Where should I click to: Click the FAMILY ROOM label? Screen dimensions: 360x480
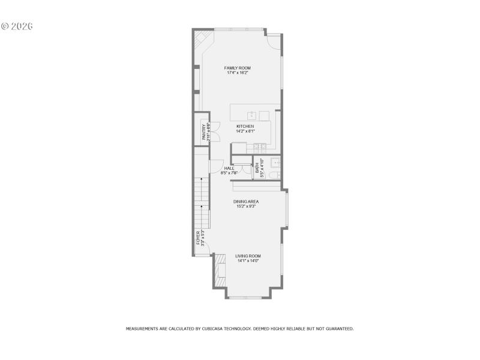click(237, 68)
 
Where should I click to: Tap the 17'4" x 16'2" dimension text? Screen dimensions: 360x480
click(237, 73)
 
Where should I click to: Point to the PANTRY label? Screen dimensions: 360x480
click(204, 132)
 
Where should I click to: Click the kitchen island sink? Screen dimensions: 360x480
click(253, 115)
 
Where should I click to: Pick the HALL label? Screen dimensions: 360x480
click(229, 168)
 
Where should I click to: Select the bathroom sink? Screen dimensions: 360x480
click(275, 162)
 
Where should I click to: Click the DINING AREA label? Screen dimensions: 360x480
click(245, 202)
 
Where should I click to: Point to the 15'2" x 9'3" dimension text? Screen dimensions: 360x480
click(245, 206)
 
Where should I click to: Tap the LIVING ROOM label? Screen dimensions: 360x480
click(248, 256)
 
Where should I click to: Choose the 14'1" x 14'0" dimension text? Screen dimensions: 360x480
click(248, 261)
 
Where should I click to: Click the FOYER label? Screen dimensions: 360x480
click(199, 238)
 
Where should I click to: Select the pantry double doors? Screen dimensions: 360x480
click(217, 131)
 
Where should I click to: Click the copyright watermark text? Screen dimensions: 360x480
click(17, 26)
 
